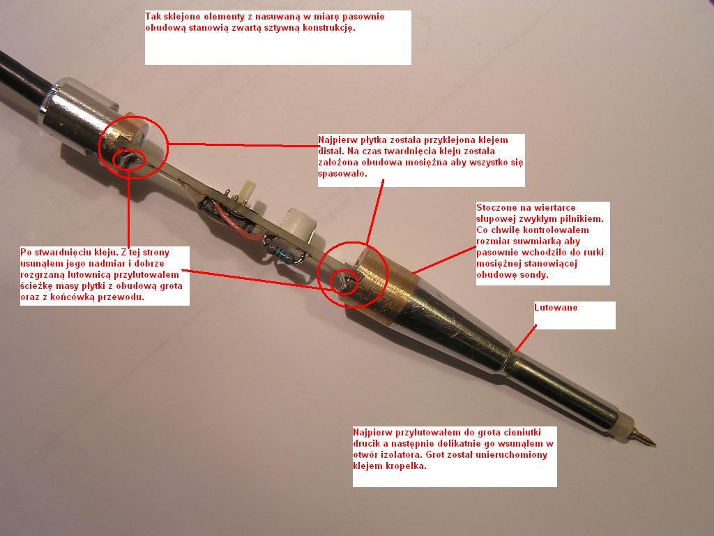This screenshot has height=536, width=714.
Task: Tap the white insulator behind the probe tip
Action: tap(627, 425)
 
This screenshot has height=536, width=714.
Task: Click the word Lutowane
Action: tap(556, 308)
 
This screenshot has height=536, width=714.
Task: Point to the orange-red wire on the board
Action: tap(233, 223)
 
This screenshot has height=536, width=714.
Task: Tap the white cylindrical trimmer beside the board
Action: tap(298, 225)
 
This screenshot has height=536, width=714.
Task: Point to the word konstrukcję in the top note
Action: tap(328, 28)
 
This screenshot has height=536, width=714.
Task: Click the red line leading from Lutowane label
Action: tap(525, 338)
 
